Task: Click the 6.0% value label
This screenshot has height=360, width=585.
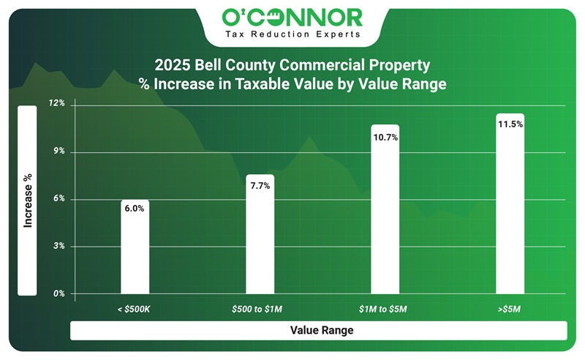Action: pos(135,209)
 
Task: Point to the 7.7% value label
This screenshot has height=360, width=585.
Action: pos(260,186)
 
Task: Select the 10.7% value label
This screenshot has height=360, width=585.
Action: pos(385,138)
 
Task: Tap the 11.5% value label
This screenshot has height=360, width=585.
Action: pos(510,124)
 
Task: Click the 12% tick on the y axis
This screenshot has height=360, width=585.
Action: pos(57,104)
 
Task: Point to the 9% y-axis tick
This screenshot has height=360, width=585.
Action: pos(58,151)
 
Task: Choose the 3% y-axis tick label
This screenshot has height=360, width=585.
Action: pos(58,247)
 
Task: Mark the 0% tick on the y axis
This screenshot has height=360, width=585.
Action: pos(58,294)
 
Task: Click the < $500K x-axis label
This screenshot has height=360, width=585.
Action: pos(135,310)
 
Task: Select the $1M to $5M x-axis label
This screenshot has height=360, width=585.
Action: pos(385,310)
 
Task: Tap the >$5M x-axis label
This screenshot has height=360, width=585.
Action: pos(510,310)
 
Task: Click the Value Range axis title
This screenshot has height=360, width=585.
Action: pos(321,331)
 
